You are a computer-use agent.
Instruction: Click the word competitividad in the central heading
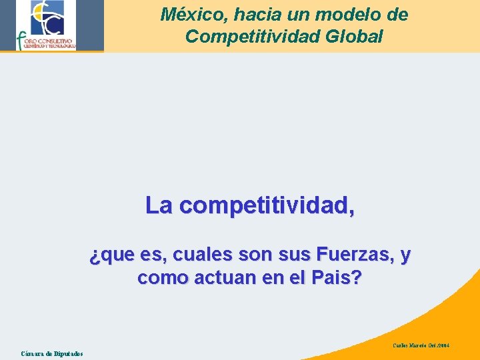pos(267,207)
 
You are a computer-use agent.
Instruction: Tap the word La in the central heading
pos(159,206)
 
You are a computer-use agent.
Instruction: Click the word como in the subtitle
pos(161,278)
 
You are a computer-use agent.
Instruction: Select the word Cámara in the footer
pos(33,353)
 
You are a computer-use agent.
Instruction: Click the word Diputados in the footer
pos(68,353)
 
